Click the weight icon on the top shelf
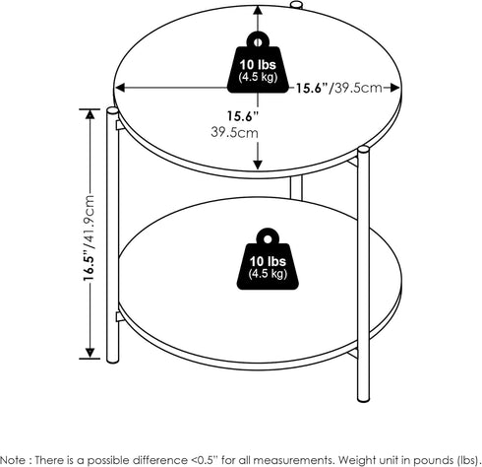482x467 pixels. click(258, 62)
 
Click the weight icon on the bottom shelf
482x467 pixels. click(268, 259)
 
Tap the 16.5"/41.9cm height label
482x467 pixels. click(89, 237)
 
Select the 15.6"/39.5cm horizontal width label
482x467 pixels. click(339, 88)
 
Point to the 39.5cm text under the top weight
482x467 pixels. click(234, 132)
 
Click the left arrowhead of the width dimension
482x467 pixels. click(120, 88)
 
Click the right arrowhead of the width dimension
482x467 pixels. click(395, 88)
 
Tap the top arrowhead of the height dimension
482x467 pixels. click(90, 113)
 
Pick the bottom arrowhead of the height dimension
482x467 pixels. click(90, 353)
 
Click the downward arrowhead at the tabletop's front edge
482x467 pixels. click(258, 165)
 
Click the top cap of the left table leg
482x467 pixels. click(112, 110)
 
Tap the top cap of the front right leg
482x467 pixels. click(363, 151)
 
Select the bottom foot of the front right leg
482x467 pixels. click(363, 398)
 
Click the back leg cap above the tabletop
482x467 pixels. click(296, 4)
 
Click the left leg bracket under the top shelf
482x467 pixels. click(120, 125)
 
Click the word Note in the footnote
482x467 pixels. click(11, 459)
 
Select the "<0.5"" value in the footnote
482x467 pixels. click(205, 459)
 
